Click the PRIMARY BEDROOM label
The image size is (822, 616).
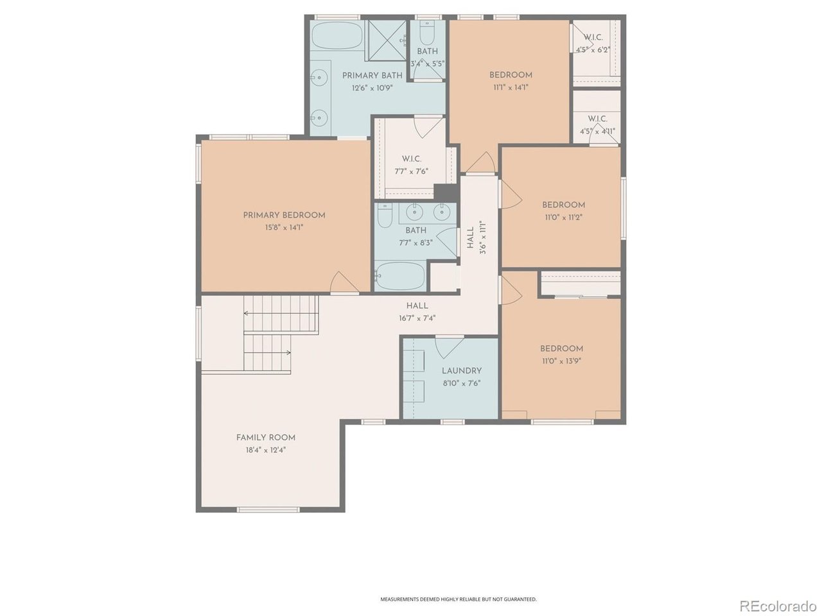[284, 215]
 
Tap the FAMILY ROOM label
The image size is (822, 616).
[265, 437]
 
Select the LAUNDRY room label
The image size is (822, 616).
[461, 371]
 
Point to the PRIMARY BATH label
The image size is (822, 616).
[372, 75]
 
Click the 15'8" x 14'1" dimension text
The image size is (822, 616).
[284, 227]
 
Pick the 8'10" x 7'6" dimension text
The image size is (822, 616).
[461, 383]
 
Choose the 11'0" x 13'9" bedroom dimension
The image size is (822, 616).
[561, 361]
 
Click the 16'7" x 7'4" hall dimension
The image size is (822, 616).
[417, 318]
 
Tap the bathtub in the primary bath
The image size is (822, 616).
[337, 36]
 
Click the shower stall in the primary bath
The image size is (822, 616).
[385, 40]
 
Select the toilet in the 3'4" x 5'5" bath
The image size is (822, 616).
[427, 33]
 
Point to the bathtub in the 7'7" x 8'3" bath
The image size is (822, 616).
[400, 276]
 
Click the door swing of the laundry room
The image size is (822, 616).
[449, 346]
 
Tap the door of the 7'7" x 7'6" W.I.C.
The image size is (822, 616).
[429, 126]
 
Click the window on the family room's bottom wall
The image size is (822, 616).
[268, 509]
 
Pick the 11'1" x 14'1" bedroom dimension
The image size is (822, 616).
[511, 87]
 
